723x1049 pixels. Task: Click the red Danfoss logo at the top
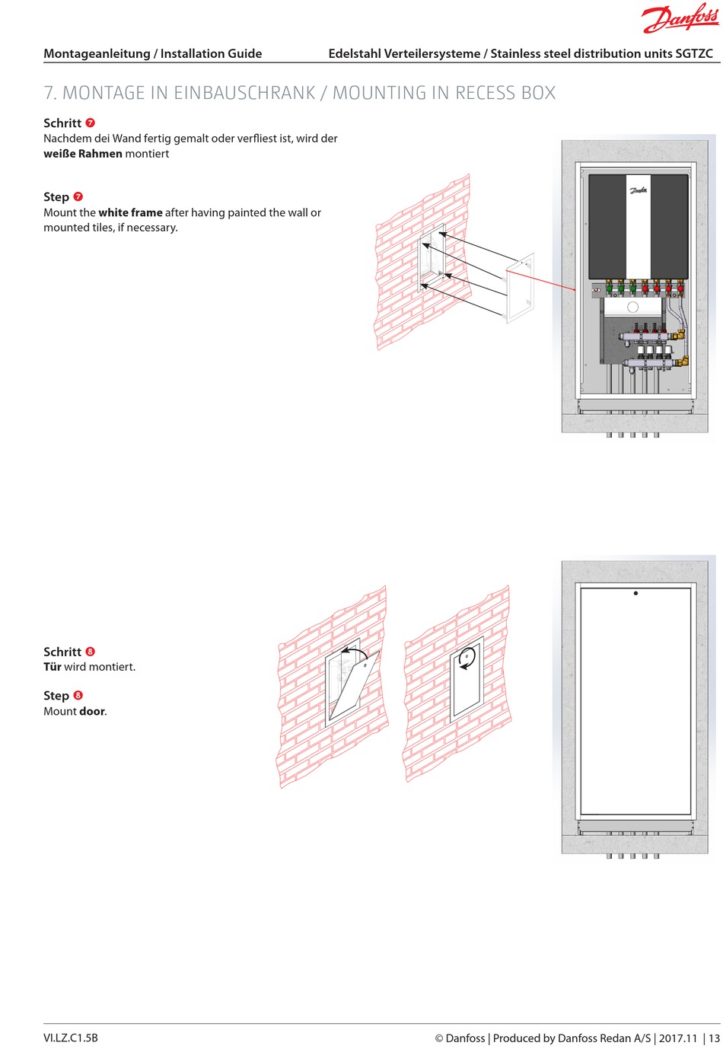pyautogui.click(x=680, y=18)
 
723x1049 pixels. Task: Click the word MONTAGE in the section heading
pyautogui.click(x=104, y=93)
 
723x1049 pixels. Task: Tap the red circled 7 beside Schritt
pyautogui.click(x=91, y=123)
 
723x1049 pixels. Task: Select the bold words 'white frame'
pyautogui.click(x=130, y=212)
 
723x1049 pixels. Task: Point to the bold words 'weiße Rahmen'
pyautogui.click(x=83, y=154)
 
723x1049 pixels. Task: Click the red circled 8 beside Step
pyautogui.click(x=78, y=696)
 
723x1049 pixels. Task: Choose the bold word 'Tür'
pyautogui.click(x=52, y=667)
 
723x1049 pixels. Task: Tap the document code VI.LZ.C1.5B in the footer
pyautogui.click(x=71, y=1038)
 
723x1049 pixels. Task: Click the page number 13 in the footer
pyautogui.click(x=714, y=1038)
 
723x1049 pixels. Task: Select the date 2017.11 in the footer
pyautogui.click(x=677, y=1038)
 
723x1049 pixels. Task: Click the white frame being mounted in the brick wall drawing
pyautogui.click(x=521, y=288)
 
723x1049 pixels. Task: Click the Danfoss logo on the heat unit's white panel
pyautogui.click(x=639, y=190)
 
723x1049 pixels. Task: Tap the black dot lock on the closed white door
pyautogui.click(x=635, y=593)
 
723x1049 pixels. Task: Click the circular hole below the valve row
pyautogui.click(x=632, y=308)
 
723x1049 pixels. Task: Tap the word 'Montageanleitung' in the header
pyautogui.click(x=97, y=53)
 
